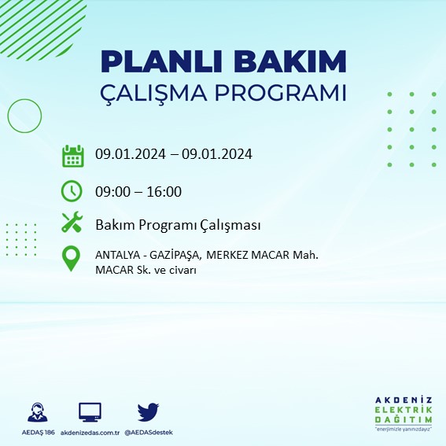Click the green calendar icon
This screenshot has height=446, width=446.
(72, 156)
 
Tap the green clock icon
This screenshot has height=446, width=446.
(72, 191)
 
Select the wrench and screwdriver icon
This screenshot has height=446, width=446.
(72, 223)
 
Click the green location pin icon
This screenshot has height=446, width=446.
(72, 259)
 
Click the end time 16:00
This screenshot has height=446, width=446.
(165, 191)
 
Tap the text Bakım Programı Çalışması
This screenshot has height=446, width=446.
(177, 225)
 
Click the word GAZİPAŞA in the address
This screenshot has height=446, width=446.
(175, 254)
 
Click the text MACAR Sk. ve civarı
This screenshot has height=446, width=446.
(145, 270)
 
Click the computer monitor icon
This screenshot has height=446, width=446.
(90, 412)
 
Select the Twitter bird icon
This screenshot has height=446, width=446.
(148, 412)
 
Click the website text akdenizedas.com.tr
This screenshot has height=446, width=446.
(90, 433)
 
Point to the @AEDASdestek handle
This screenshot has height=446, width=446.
(149, 433)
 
